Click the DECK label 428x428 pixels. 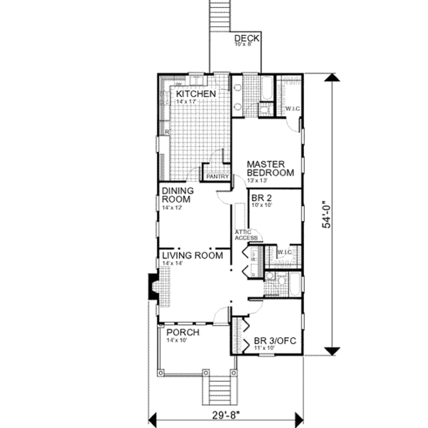click(247, 38)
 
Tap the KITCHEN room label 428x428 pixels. click(196, 94)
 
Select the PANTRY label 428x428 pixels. click(217, 177)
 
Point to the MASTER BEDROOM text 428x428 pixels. click(270, 168)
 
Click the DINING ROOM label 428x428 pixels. click(178, 195)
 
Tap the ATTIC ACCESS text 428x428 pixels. click(246, 235)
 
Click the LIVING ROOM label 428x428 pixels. click(192, 255)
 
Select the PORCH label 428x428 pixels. click(183, 333)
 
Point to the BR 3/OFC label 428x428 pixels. click(275, 341)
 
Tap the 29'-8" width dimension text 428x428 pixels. click(226, 417)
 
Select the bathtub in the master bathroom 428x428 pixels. click(266, 89)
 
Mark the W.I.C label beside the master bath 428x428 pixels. click(292, 109)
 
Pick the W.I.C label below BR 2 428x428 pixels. click(284, 252)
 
